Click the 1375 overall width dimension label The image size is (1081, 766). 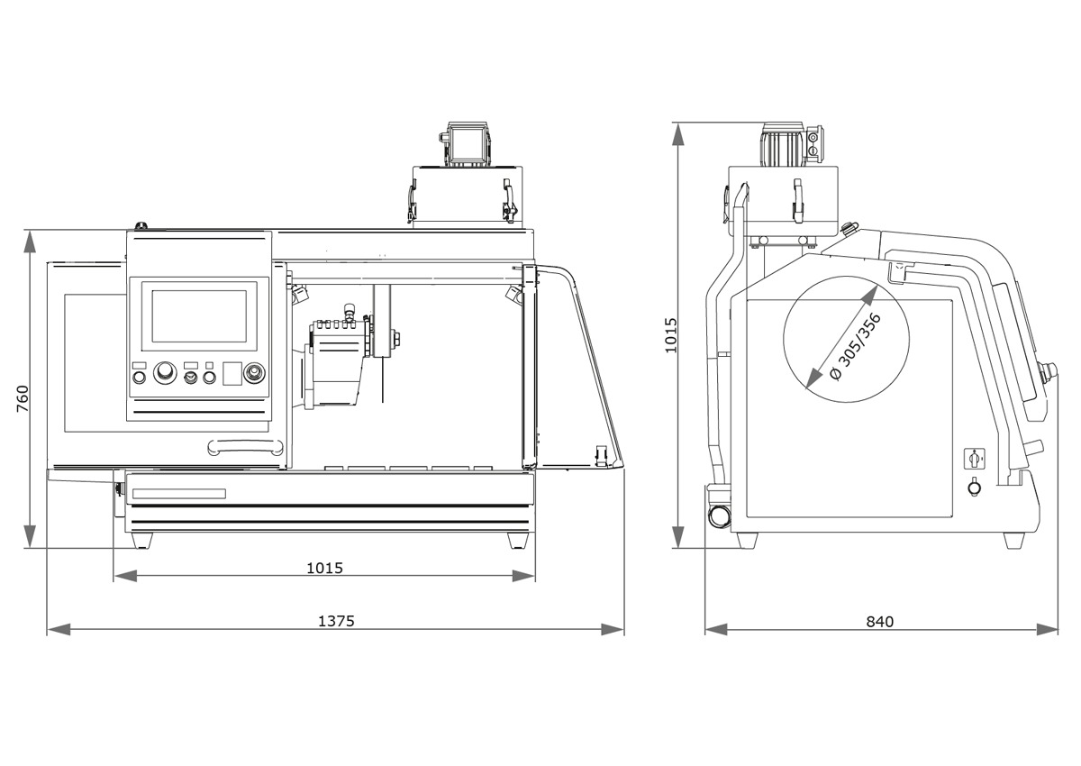tap(336, 621)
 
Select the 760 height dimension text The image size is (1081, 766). tap(23, 398)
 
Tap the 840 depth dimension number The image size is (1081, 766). tap(879, 621)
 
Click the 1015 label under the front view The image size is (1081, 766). tap(324, 568)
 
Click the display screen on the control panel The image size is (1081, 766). tap(198, 315)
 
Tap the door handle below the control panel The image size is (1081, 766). tap(245, 445)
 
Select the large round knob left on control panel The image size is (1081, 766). tap(165, 373)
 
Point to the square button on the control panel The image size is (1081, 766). tap(232, 373)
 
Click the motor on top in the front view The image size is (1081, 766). tap(468, 144)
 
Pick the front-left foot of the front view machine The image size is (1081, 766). tap(141, 541)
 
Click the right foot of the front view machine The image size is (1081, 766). tap(518, 541)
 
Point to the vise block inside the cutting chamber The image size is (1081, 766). tap(336, 365)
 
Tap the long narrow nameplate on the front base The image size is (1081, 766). tap(178, 493)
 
